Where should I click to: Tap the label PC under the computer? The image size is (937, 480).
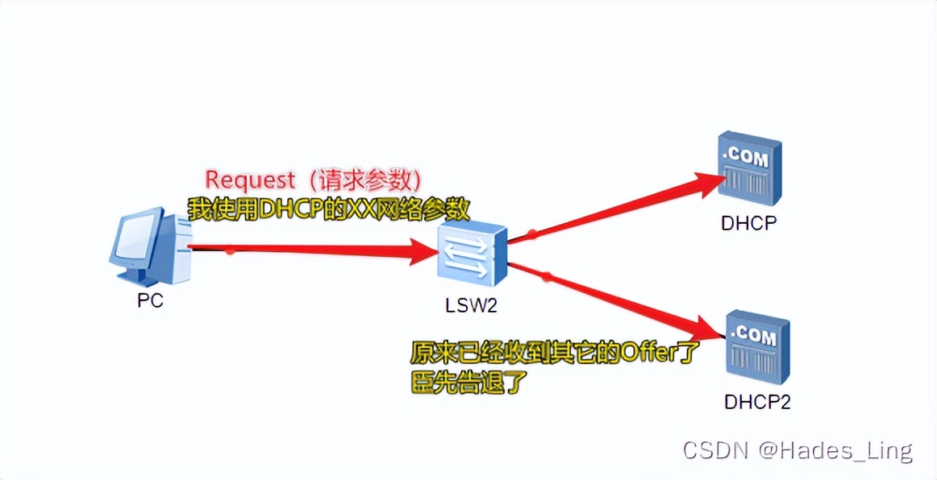[151, 301]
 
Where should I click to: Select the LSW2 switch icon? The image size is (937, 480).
[474, 255]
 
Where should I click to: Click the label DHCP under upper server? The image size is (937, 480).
[748, 223]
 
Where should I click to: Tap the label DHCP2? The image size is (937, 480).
[757, 400]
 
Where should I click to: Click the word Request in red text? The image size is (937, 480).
[250, 179]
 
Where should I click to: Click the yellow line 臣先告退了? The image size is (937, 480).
[468, 382]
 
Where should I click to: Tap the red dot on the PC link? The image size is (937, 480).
[231, 250]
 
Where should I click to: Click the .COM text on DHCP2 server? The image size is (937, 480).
[754, 333]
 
